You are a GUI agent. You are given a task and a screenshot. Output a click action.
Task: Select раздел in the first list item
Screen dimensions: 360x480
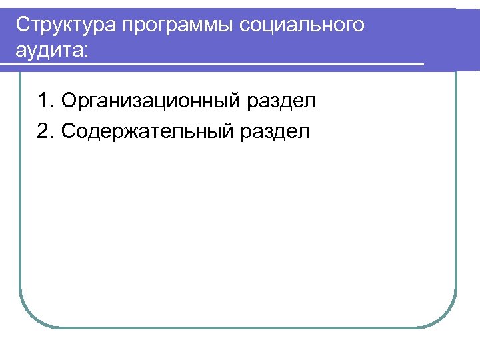tap(282, 103)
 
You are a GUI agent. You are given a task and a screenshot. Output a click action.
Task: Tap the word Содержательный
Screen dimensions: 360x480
tap(146, 131)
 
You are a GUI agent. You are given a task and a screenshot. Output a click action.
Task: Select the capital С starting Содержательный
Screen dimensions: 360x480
tap(67, 131)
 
